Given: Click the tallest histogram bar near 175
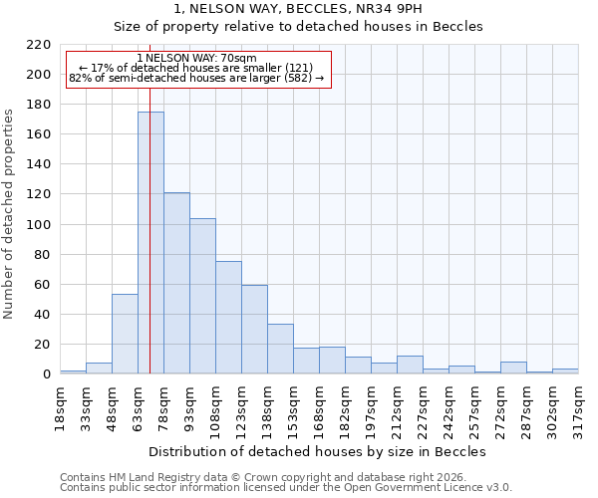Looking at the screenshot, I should coord(150,243).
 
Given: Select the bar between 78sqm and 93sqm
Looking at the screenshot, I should coord(176,283).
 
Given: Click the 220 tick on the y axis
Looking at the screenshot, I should coord(39,45).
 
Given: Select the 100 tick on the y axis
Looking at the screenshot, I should coord(39,225).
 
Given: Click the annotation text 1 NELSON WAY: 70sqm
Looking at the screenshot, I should coord(196,58).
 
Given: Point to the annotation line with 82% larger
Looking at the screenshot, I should coord(196,78).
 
